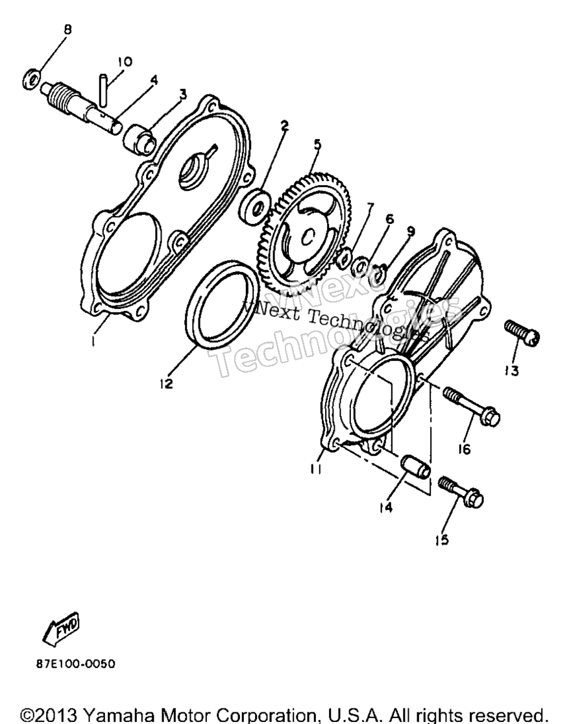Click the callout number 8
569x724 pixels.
click(x=67, y=30)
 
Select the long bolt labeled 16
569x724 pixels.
click(x=471, y=406)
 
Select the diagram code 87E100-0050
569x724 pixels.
click(x=76, y=664)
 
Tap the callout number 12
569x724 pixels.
click(x=166, y=382)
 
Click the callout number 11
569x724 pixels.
click(x=316, y=468)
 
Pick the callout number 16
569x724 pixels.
click(x=465, y=448)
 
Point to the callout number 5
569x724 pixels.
click(x=317, y=145)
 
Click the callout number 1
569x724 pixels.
click(x=93, y=342)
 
